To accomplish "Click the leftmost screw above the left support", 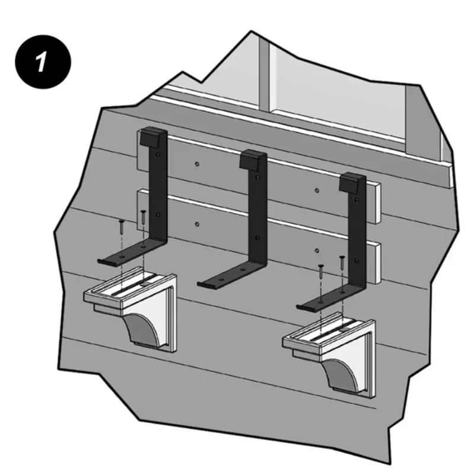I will pos(120,224).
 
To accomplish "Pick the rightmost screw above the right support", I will pos(342,259).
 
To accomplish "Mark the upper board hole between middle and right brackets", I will pos(318,190).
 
